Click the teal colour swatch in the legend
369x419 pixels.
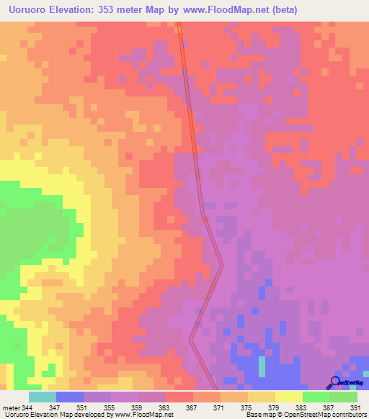point(42,397)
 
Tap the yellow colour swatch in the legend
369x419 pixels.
point(288,397)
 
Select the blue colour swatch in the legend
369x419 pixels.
point(69,397)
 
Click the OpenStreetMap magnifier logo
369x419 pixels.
point(335,382)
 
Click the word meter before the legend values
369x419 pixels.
point(11,407)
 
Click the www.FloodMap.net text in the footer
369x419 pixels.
point(144,415)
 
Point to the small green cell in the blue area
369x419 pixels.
point(262,368)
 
